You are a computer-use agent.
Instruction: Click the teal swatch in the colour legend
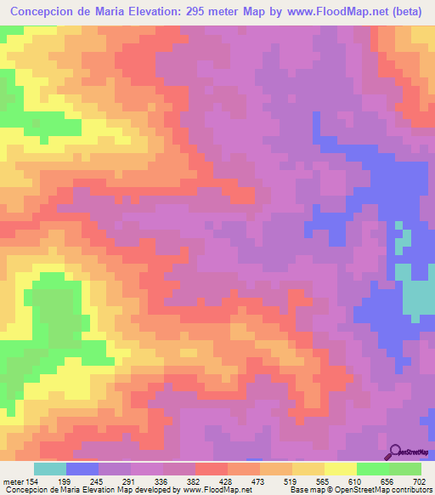point(49,469)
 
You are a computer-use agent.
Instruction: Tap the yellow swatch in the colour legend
point(340,469)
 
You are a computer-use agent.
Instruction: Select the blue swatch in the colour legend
point(82,469)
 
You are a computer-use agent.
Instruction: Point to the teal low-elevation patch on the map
point(415,299)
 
